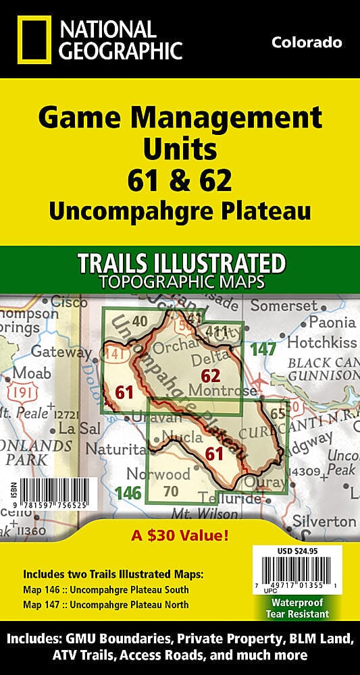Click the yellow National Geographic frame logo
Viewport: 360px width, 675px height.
tap(31, 40)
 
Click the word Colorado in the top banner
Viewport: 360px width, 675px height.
tap(307, 43)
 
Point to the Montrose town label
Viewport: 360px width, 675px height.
tap(232, 390)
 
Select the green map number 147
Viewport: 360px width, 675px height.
tap(263, 349)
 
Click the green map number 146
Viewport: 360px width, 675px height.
tap(128, 493)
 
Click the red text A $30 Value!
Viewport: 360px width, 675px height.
tap(180, 537)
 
